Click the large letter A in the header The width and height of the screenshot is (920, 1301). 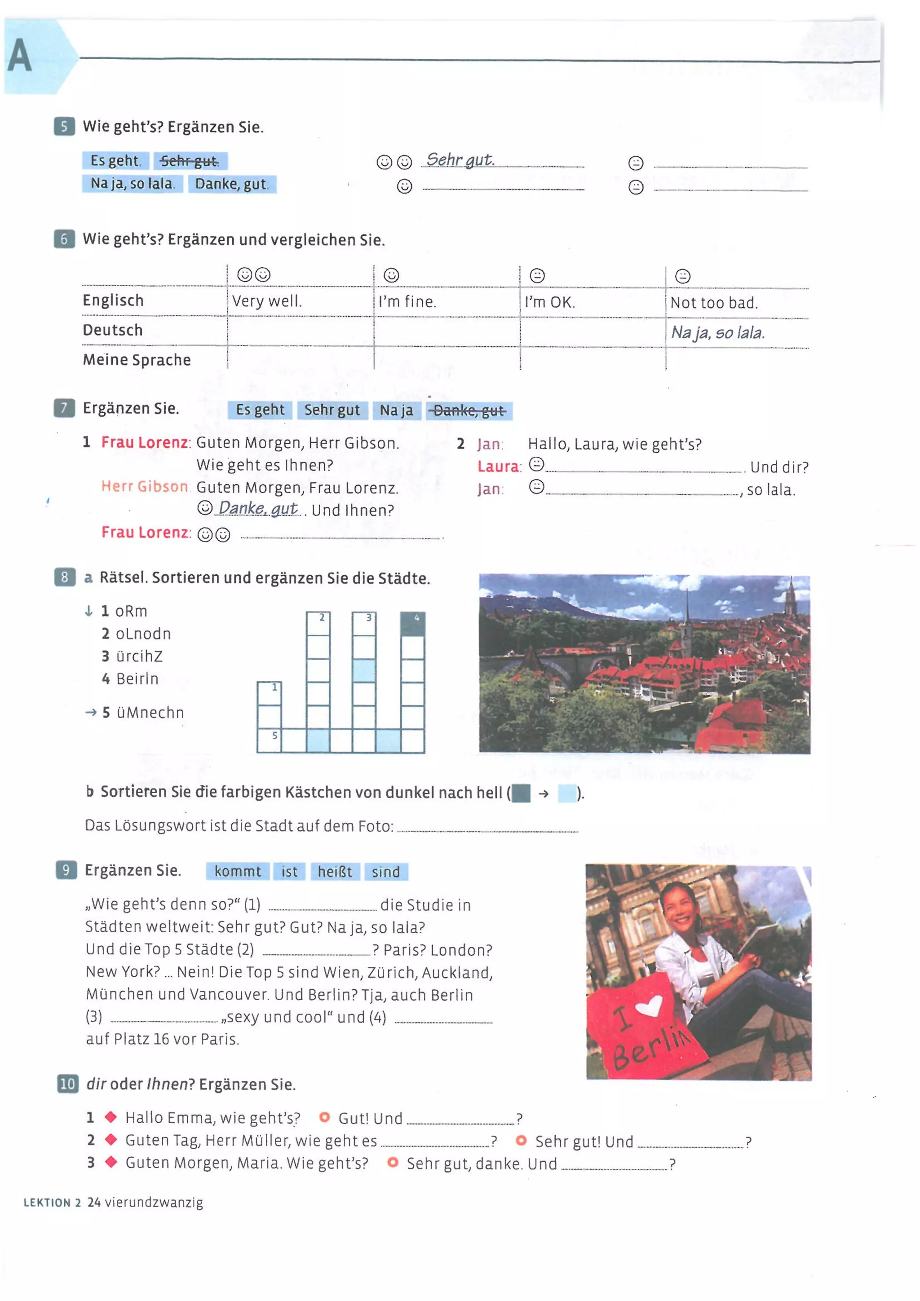coord(19,56)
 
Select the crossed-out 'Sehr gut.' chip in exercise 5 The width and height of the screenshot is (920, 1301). coord(189,161)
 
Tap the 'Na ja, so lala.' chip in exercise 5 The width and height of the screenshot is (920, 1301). coord(132,184)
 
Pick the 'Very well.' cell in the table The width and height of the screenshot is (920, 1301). coord(266,301)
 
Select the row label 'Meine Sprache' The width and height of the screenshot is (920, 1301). coord(137,360)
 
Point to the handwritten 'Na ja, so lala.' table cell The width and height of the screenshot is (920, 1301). coord(718,333)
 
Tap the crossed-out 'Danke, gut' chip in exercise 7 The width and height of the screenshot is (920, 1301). coord(469,410)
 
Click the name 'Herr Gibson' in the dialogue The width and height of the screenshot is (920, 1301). coord(144,486)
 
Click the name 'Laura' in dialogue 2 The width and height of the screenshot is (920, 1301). coord(498,466)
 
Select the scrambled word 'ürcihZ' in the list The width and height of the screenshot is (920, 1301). coord(139,656)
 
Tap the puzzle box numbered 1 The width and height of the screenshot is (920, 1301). coord(269,693)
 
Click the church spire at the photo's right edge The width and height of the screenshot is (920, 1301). coord(790,598)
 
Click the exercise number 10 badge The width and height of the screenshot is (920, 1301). coord(67,1084)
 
